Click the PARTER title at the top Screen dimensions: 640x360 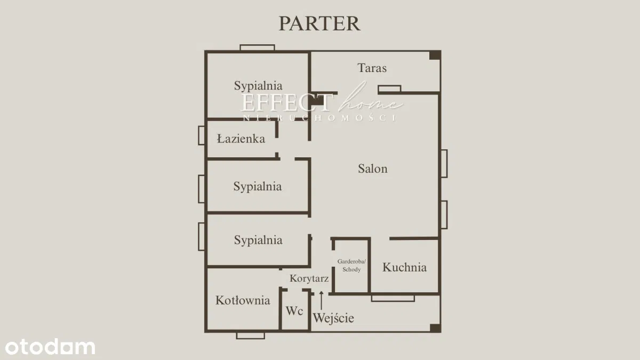tap(319, 23)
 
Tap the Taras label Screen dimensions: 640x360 tap(372, 68)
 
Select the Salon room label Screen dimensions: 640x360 tap(373, 169)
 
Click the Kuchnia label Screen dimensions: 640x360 tap(405, 267)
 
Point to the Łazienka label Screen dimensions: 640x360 tap(241, 139)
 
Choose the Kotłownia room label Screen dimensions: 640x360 tap(243, 300)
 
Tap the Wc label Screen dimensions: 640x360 tap(294, 311)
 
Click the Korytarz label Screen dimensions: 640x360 tap(309, 278)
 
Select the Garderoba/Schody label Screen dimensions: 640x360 tap(351, 266)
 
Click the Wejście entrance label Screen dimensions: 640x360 tap(333, 318)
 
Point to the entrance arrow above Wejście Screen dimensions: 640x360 tap(322, 301)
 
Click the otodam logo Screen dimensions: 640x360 tap(50, 347)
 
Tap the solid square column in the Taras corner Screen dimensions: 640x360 tap(435, 55)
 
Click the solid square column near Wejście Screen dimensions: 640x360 tap(435, 329)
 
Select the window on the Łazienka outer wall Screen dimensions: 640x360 tap(202, 135)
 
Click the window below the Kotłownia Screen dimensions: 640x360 tap(251, 335)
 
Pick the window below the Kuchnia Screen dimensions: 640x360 tap(393, 298)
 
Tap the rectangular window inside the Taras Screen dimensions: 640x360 tap(389, 89)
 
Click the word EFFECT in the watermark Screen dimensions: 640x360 tap(287, 103)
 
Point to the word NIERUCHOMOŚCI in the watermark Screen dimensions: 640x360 tap(319, 118)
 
